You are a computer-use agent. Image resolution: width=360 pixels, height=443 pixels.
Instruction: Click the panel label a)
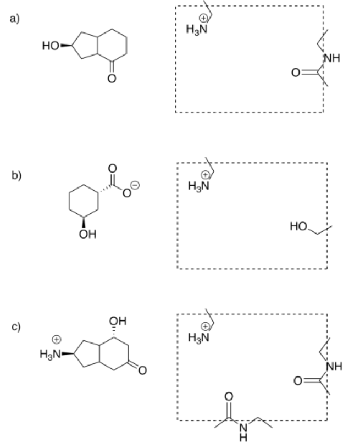coord(14,19)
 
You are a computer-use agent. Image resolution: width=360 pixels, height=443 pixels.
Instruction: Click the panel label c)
coord(14,326)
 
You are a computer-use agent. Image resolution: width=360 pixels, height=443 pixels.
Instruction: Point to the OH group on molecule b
coord(89,235)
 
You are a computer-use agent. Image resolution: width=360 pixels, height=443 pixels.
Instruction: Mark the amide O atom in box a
coord(297,72)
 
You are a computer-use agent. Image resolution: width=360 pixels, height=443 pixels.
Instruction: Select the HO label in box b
coord(296,225)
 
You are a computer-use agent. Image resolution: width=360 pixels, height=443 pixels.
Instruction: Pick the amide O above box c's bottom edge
coord(230,396)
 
